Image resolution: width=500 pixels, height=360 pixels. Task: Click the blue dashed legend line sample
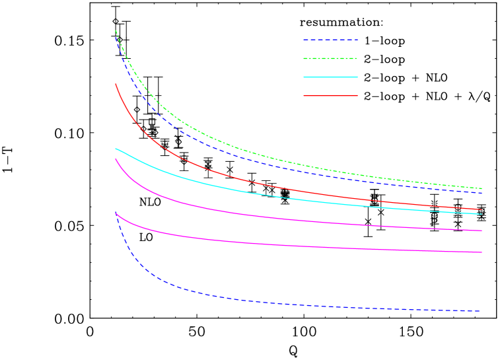click(330, 40)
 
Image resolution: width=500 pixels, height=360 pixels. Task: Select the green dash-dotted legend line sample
click(330, 59)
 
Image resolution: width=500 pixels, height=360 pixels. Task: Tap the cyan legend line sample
click(330, 77)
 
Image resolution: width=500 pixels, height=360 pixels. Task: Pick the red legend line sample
click(330, 96)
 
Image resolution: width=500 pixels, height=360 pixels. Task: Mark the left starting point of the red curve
click(116, 84)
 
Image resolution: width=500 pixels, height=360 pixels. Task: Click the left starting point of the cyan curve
click(116, 149)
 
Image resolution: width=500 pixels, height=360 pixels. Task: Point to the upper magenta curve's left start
click(116, 159)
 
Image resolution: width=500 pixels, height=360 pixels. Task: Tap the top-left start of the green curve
click(116, 30)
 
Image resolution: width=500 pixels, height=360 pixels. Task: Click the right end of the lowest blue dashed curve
click(480, 310)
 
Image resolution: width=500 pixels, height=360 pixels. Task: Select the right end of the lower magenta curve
click(482, 252)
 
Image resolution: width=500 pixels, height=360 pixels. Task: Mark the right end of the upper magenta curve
click(482, 231)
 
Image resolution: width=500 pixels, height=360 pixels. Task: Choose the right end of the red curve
click(482, 209)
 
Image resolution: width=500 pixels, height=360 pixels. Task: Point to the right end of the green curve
click(482, 189)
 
